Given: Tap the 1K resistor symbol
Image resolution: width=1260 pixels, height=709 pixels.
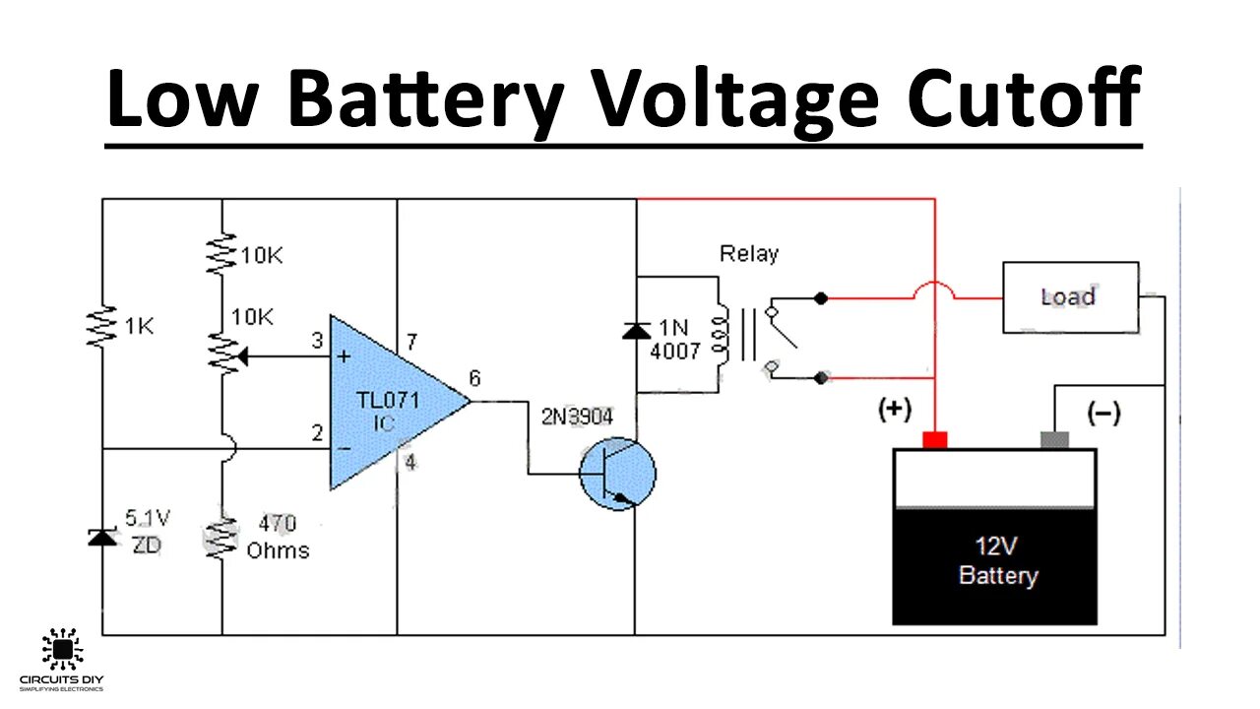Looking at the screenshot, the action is (x=101, y=326).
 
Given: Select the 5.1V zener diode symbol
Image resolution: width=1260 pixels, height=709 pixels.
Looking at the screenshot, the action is (x=102, y=538).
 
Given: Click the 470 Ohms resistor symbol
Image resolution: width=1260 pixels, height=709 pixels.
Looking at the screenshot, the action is (x=221, y=538).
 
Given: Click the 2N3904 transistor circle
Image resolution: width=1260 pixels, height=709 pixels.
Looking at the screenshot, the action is (x=617, y=474).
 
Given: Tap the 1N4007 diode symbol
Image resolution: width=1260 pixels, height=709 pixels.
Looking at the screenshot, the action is (x=636, y=331).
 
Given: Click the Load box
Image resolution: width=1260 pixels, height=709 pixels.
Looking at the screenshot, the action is (x=1070, y=297).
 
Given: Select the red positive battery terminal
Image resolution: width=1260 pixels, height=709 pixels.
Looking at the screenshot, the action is (x=935, y=439).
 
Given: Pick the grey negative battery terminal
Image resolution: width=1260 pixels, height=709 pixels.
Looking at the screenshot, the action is (x=1054, y=439).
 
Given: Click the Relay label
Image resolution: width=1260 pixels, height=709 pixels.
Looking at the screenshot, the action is (x=749, y=254).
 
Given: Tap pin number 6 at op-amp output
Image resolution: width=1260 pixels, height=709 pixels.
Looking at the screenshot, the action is (x=474, y=378).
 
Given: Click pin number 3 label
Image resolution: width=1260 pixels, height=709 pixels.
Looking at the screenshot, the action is (x=317, y=340).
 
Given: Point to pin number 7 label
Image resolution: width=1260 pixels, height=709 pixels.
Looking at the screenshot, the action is (x=411, y=341).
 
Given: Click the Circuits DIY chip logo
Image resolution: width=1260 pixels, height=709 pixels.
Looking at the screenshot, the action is (x=62, y=649).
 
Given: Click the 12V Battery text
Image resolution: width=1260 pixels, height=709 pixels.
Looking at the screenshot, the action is (x=997, y=560).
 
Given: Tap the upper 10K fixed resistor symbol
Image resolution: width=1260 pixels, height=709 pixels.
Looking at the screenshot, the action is (x=221, y=254).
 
